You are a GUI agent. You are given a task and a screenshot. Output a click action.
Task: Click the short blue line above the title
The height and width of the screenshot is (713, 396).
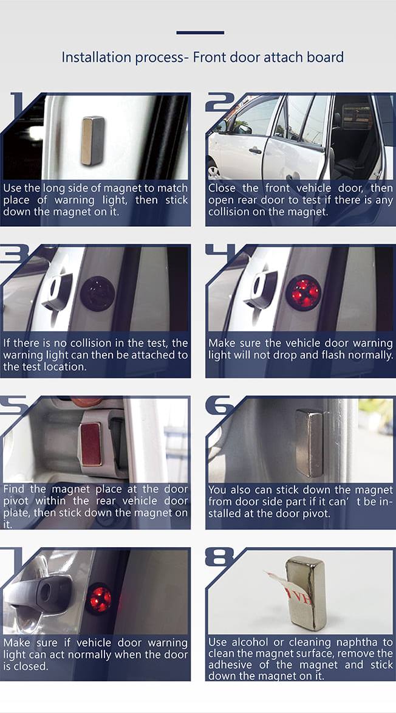[x=200, y=33]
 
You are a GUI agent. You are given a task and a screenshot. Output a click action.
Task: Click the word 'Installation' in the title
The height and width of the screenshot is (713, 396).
[x=93, y=58]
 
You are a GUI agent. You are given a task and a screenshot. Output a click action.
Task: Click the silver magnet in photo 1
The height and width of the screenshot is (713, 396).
[x=93, y=140]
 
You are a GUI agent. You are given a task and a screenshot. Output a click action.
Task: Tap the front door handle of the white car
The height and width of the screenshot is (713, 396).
[x=254, y=151]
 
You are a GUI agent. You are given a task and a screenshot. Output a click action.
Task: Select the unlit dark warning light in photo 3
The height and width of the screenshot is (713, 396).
[x=98, y=294]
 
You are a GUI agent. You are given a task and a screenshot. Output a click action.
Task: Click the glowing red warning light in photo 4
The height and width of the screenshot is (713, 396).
[x=303, y=292]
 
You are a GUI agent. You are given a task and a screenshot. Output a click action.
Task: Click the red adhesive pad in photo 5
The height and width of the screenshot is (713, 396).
[x=91, y=444]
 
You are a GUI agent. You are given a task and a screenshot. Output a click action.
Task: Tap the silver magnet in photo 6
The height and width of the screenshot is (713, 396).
[x=310, y=443]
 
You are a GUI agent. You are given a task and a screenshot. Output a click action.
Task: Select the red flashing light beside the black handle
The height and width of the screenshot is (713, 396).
[x=100, y=598]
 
